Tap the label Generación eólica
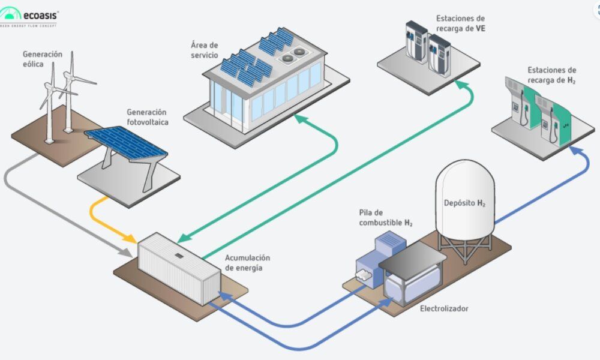pyautogui.click(x=43, y=59)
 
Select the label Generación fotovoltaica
pyautogui.click(x=147, y=116)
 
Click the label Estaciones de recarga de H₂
pyautogui.click(x=551, y=75)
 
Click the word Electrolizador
pyautogui.click(x=444, y=308)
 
